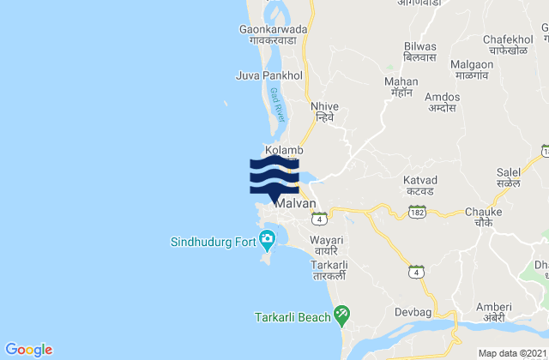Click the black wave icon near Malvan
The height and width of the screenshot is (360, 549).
click(x=274, y=176)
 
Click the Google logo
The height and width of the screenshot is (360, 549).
click(x=29, y=349)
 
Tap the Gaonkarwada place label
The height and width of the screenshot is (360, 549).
click(x=268, y=33)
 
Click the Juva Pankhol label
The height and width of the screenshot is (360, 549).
click(x=270, y=75)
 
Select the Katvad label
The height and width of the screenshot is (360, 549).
click(x=421, y=185)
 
